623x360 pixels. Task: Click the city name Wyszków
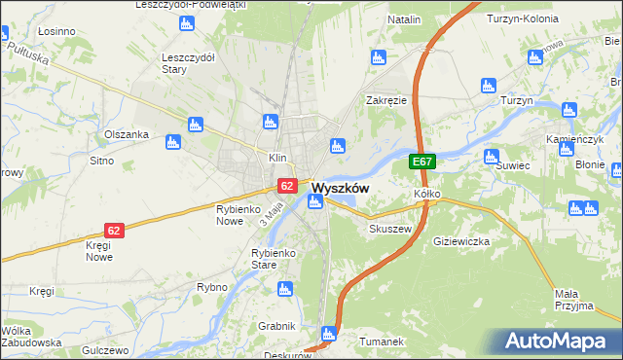340,189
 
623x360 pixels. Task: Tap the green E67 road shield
421,162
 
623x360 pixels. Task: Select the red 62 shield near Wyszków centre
286,185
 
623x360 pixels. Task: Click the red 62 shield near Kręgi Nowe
115,231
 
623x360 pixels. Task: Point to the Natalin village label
404,19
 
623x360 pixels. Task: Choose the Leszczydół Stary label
188,62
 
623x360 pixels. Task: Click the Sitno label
101,160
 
